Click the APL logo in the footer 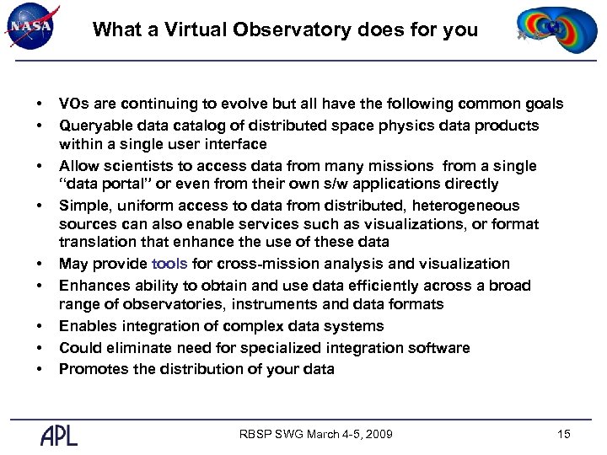tap(59, 435)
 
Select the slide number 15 tap(564, 434)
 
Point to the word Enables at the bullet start tap(88, 326)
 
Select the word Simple tap(82, 206)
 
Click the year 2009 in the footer tap(377, 435)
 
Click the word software tap(439, 348)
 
